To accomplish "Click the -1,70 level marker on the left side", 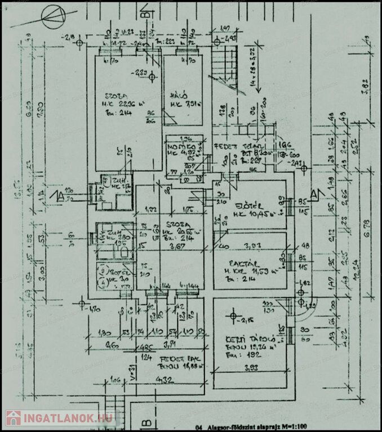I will coord(94,309).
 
